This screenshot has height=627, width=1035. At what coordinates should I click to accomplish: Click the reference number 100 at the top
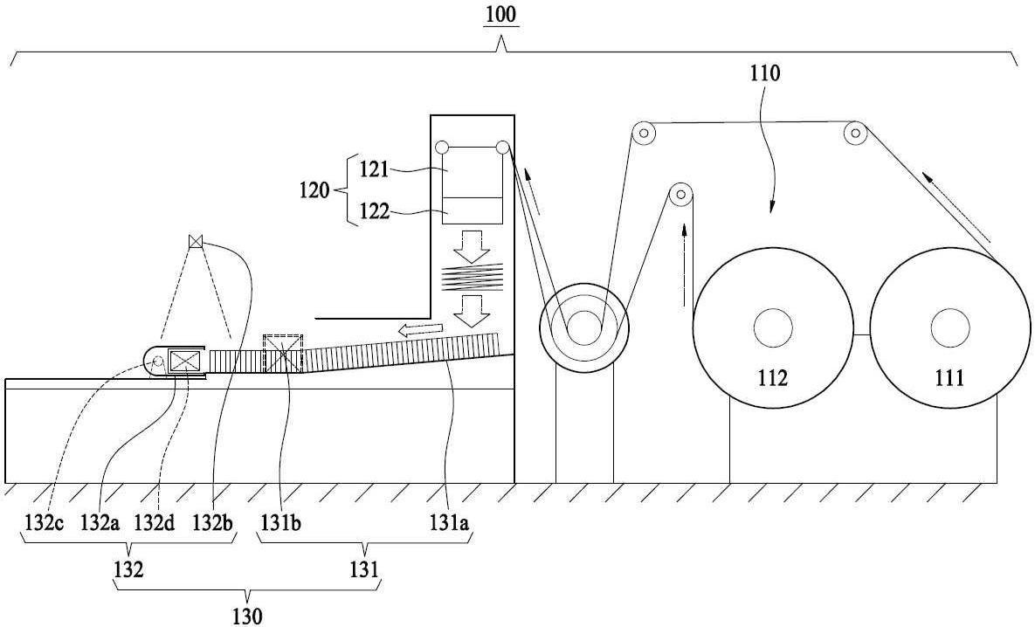[501, 15]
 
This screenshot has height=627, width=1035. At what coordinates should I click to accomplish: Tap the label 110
[764, 73]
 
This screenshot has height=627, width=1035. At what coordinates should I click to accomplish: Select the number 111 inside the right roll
[949, 377]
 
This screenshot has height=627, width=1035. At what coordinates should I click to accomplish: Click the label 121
[375, 169]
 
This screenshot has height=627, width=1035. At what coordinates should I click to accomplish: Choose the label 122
[375, 212]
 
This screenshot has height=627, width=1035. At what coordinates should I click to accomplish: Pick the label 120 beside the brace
[314, 190]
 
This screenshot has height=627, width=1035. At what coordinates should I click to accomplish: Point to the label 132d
[155, 523]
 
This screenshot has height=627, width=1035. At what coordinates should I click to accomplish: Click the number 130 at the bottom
[247, 616]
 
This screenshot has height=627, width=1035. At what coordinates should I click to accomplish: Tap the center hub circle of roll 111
[950, 327]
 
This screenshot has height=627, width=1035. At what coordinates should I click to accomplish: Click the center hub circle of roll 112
[773, 327]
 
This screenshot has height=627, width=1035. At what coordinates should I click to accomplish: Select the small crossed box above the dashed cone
[195, 241]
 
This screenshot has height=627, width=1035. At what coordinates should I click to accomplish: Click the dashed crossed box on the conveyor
[282, 354]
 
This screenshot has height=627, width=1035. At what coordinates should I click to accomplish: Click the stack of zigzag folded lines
[472, 277]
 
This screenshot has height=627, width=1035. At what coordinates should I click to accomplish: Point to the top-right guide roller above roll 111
[855, 134]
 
